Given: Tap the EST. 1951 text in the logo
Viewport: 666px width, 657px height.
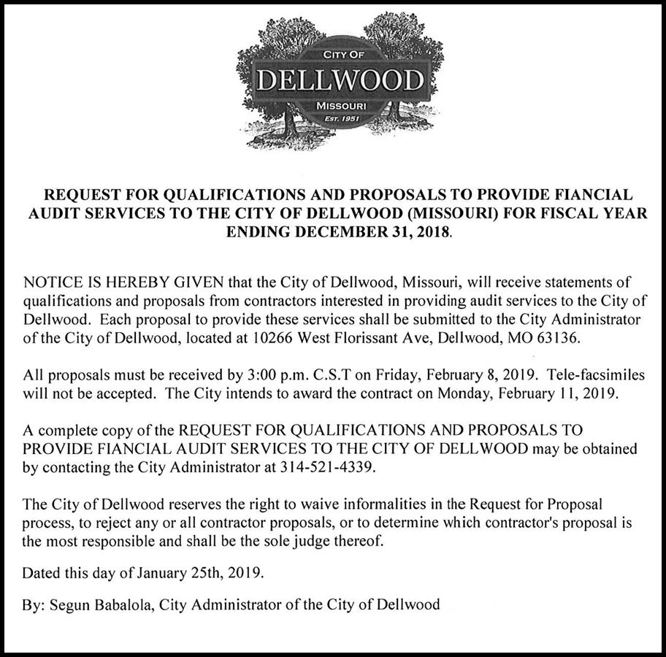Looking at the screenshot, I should click(x=340, y=120).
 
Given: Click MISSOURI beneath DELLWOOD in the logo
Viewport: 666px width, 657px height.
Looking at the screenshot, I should click(x=340, y=107).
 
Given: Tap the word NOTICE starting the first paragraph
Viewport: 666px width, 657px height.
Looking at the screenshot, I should click(x=50, y=282).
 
